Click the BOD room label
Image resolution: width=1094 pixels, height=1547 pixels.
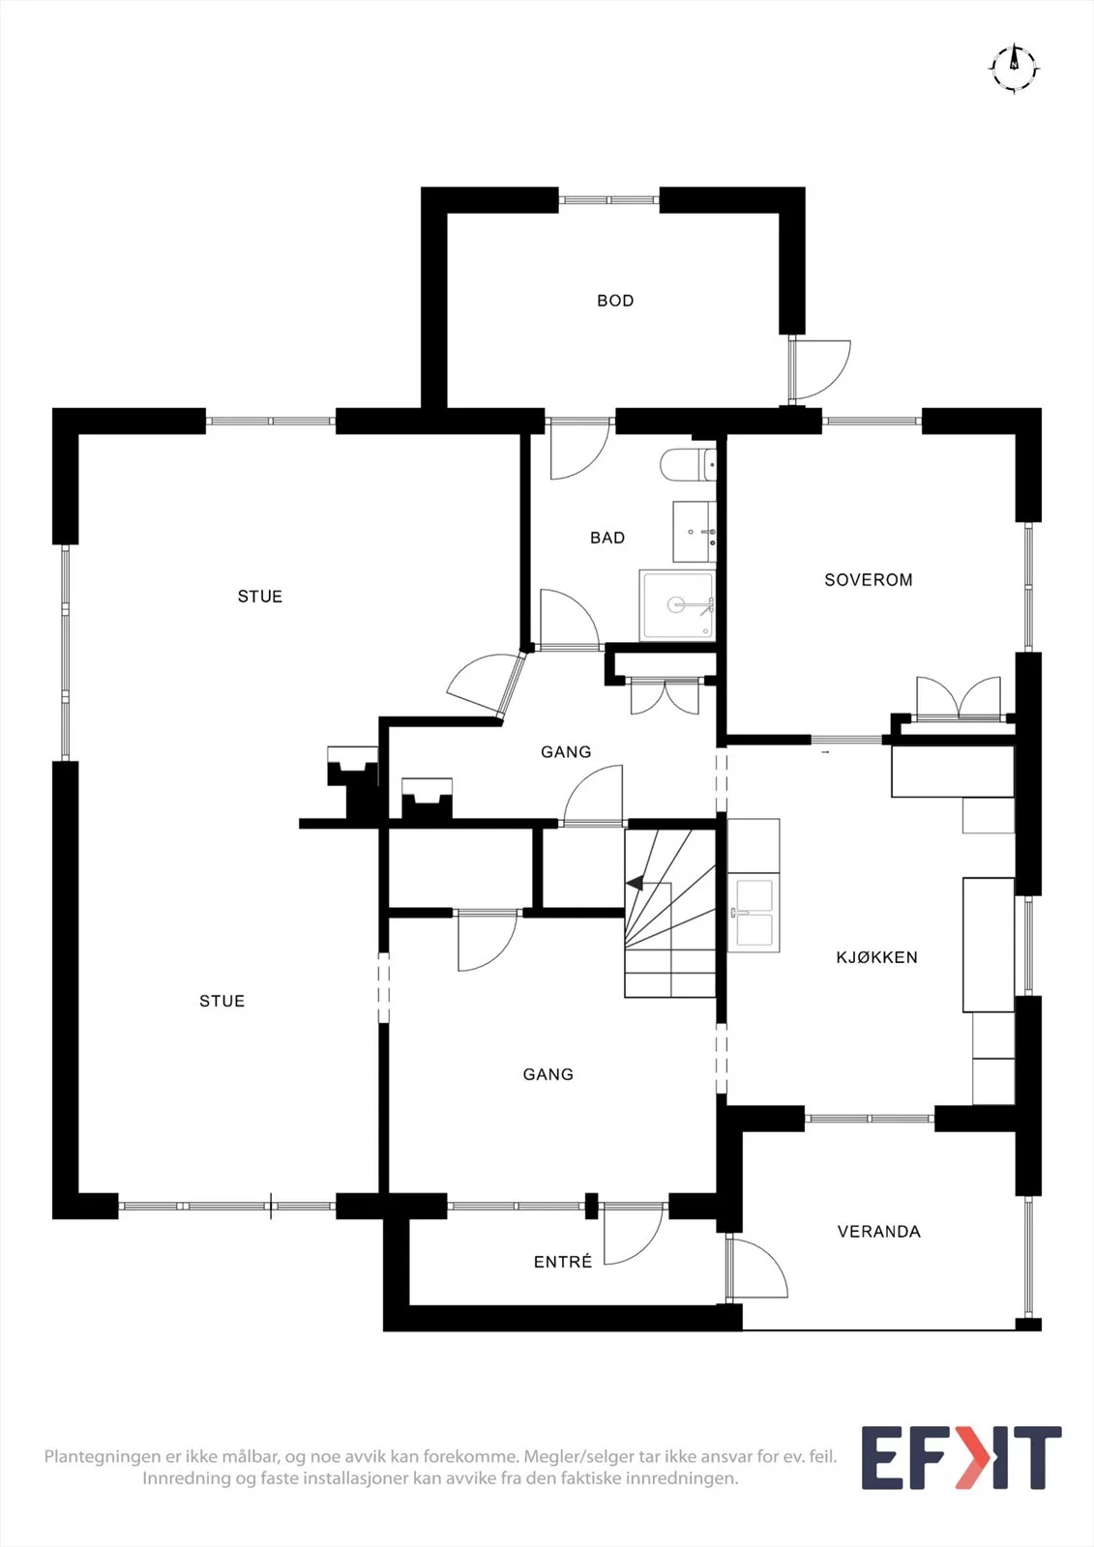pos(615,301)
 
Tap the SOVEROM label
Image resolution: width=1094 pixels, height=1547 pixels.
pos(868,579)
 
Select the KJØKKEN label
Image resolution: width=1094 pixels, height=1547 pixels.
pos(876,957)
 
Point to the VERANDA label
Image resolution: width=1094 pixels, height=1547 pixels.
pos(878,1232)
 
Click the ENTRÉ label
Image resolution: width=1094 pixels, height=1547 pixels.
pos(563,1262)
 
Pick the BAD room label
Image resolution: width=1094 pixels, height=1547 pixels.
pos(607,538)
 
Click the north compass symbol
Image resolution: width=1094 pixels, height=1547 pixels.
pos(1014,68)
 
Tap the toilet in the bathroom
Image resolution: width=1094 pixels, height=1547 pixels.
pos(689,464)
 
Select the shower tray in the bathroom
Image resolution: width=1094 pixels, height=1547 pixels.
pos(677,605)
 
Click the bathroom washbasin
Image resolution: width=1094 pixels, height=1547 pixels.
pos(695,532)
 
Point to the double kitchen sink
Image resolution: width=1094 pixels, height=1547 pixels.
pos(754,913)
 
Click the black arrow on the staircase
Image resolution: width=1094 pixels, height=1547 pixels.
pos(635,883)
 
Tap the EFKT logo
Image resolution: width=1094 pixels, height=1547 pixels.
pos(961,1457)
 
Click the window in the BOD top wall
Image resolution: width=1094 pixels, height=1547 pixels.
pos(608,200)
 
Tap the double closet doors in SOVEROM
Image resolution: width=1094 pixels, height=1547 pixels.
pos(959,698)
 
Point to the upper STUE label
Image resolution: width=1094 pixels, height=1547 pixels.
pos(260,596)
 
